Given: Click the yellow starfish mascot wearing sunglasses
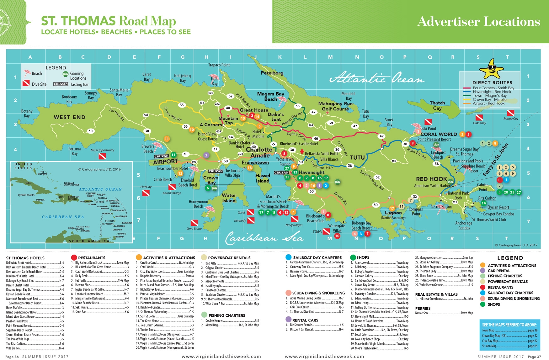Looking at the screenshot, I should (x=492, y=69).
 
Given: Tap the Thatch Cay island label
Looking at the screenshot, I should (x=437, y=105).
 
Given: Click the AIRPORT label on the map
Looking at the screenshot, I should (x=165, y=162).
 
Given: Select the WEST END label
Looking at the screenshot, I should (x=69, y=117).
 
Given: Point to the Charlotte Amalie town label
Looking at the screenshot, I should (x=259, y=152).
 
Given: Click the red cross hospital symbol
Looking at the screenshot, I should (x=302, y=152).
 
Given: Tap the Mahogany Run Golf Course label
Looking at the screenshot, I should (x=335, y=106).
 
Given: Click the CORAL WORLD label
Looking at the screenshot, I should (x=439, y=134).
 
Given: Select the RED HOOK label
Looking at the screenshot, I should (x=431, y=179).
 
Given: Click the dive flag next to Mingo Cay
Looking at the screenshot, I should (x=510, y=113).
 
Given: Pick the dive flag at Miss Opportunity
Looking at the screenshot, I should (x=102, y=156).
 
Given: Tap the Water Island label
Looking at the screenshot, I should (x=229, y=198).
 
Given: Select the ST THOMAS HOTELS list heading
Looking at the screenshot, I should (x=25, y=258).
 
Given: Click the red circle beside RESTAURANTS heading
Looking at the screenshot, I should (x=74, y=257).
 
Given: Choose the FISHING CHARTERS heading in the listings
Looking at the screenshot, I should (x=227, y=315).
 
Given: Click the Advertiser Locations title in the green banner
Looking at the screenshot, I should (x=478, y=22).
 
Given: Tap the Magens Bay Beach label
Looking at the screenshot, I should (x=270, y=97).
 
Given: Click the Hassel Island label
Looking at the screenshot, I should (x=263, y=178).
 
